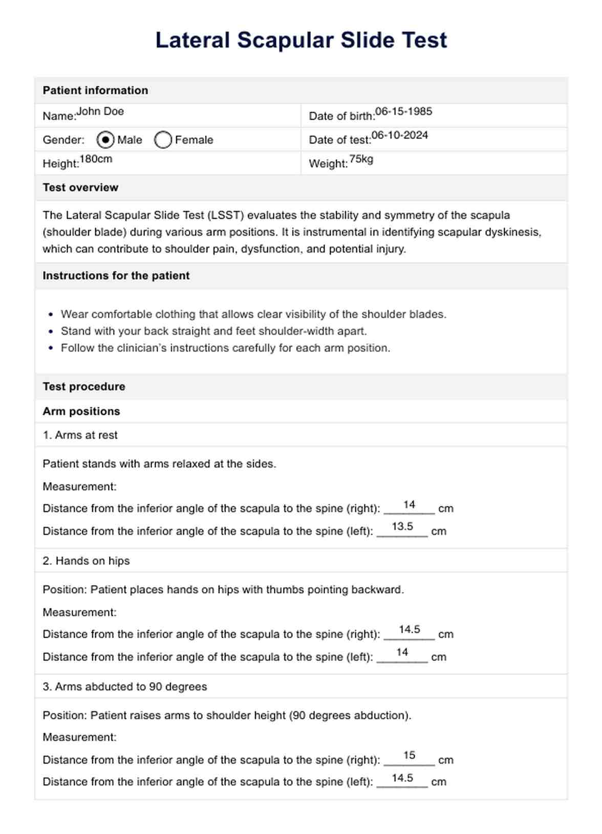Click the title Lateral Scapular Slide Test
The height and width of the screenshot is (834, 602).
click(301, 40)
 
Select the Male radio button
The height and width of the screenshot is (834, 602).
click(105, 140)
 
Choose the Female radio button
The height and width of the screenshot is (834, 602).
click(163, 140)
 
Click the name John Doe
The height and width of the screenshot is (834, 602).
click(100, 112)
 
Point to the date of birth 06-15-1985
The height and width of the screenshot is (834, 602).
click(403, 112)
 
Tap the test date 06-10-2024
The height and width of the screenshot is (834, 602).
click(400, 136)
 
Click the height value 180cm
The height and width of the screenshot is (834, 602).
click(96, 159)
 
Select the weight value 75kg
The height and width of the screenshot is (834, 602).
click(361, 159)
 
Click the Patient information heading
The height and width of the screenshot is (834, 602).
click(95, 91)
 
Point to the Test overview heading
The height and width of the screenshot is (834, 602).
click(80, 188)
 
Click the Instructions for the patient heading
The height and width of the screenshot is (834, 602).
click(116, 276)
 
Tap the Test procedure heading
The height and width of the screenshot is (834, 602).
click(84, 387)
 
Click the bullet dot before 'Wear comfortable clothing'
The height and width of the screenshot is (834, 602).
click(51, 315)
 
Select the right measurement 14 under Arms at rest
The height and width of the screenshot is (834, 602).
click(409, 505)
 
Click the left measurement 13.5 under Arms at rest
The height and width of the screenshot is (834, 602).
click(402, 526)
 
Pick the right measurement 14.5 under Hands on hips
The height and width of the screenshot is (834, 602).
click(410, 630)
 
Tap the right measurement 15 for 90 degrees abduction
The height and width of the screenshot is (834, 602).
click(409, 756)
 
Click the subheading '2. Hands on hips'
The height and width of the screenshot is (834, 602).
click(86, 561)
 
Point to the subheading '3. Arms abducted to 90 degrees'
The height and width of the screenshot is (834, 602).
click(125, 687)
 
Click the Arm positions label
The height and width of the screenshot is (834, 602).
click(81, 411)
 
